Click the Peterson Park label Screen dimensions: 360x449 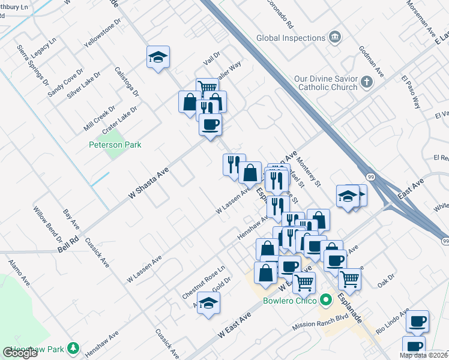[x=114, y=145]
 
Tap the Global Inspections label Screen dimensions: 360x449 [x=291, y=38]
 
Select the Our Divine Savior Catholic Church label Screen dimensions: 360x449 [x=326, y=83]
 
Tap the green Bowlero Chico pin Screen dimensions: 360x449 [x=326, y=299]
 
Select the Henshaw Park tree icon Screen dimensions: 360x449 [x=73, y=347]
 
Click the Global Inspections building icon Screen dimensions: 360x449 [x=335, y=38]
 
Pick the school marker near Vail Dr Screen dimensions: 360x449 [x=158, y=58]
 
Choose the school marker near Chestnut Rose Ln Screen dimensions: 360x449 [x=208, y=304]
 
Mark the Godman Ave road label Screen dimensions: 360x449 [x=371, y=58]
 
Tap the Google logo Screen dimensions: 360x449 [x=20, y=353]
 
